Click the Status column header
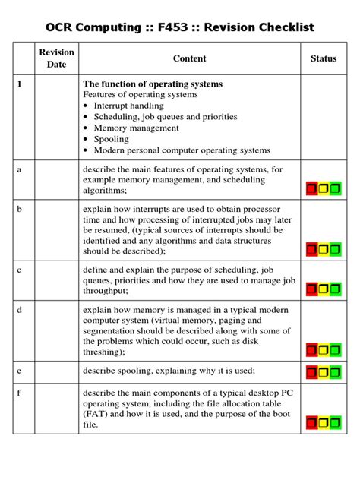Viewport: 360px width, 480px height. coord(324,58)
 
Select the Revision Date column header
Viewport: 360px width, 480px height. coord(57,58)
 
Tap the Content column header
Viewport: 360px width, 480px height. coord(189,58)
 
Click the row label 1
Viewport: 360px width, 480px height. coord(19,84)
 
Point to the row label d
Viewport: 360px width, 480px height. coord(19,311)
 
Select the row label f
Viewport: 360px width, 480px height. coord(19,393)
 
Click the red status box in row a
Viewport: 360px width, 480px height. coord(312,188)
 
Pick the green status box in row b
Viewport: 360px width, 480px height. coord(336,248)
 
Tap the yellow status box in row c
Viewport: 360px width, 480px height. coord(324,289)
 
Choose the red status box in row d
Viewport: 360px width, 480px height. coord(312,350)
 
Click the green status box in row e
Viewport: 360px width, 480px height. coord(336,371)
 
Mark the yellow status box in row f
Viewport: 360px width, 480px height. coord(324,423)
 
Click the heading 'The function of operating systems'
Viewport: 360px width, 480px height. coord(152,84)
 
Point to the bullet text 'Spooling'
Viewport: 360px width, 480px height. coord(111,139)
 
